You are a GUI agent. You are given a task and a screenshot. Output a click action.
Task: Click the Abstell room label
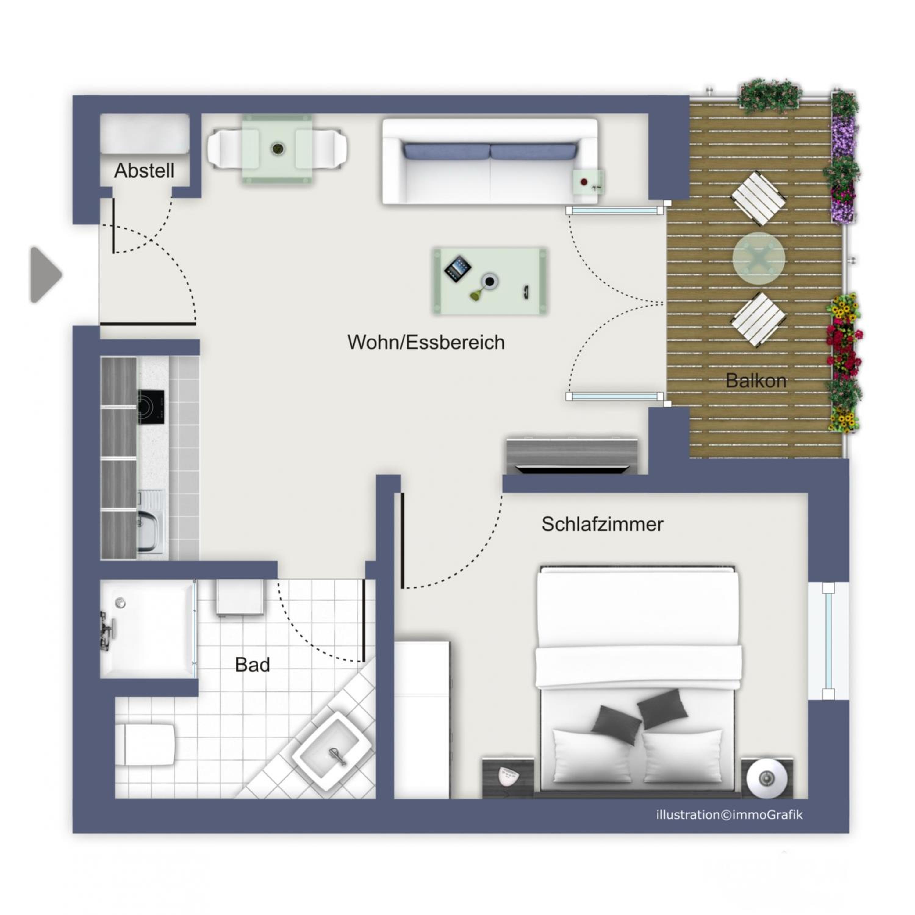click(145, 170)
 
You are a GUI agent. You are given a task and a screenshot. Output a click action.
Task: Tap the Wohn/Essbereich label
click(426, 342)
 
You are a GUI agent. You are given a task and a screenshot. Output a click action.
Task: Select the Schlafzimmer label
click(602, 524)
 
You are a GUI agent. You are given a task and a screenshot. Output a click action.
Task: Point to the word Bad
click(253, 665)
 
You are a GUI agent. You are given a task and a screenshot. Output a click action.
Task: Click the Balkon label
click(756, 380)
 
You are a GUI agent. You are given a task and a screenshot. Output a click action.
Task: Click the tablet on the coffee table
click(457, 269)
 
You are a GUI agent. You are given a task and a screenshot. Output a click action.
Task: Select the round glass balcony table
click(759, 259)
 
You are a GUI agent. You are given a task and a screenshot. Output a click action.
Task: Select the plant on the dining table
click(278, 149)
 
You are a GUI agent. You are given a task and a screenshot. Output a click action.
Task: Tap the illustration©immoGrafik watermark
click(729, 815)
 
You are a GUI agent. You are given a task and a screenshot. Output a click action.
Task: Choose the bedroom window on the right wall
click(828, 641)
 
